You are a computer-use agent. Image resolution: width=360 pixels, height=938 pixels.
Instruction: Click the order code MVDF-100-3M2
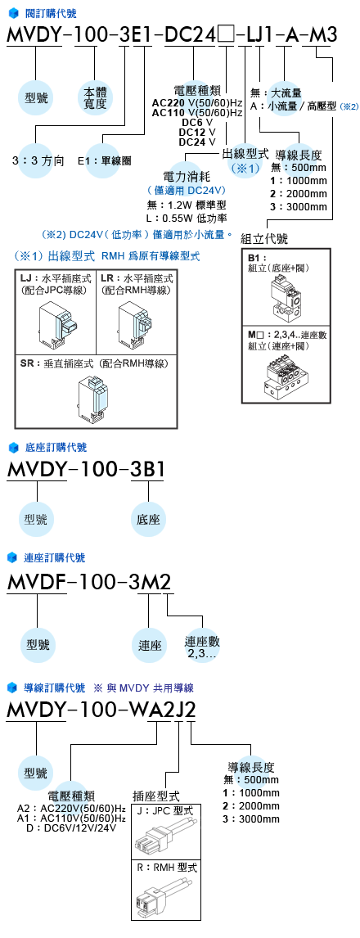tap(89, 581)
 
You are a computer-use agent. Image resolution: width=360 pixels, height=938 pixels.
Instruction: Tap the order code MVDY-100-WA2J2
tap(101, 710)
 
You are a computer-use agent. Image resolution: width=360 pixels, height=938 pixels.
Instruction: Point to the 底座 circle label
tap(148, 518)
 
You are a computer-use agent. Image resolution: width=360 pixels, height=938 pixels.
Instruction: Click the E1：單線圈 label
tap(105, 161)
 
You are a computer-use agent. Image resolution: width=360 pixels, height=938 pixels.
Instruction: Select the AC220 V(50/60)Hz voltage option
tap(196, 102)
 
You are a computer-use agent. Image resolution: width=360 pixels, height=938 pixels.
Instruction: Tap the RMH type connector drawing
tap(163, 894)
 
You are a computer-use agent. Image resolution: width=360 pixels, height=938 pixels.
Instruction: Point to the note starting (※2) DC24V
tap(137, 234)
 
